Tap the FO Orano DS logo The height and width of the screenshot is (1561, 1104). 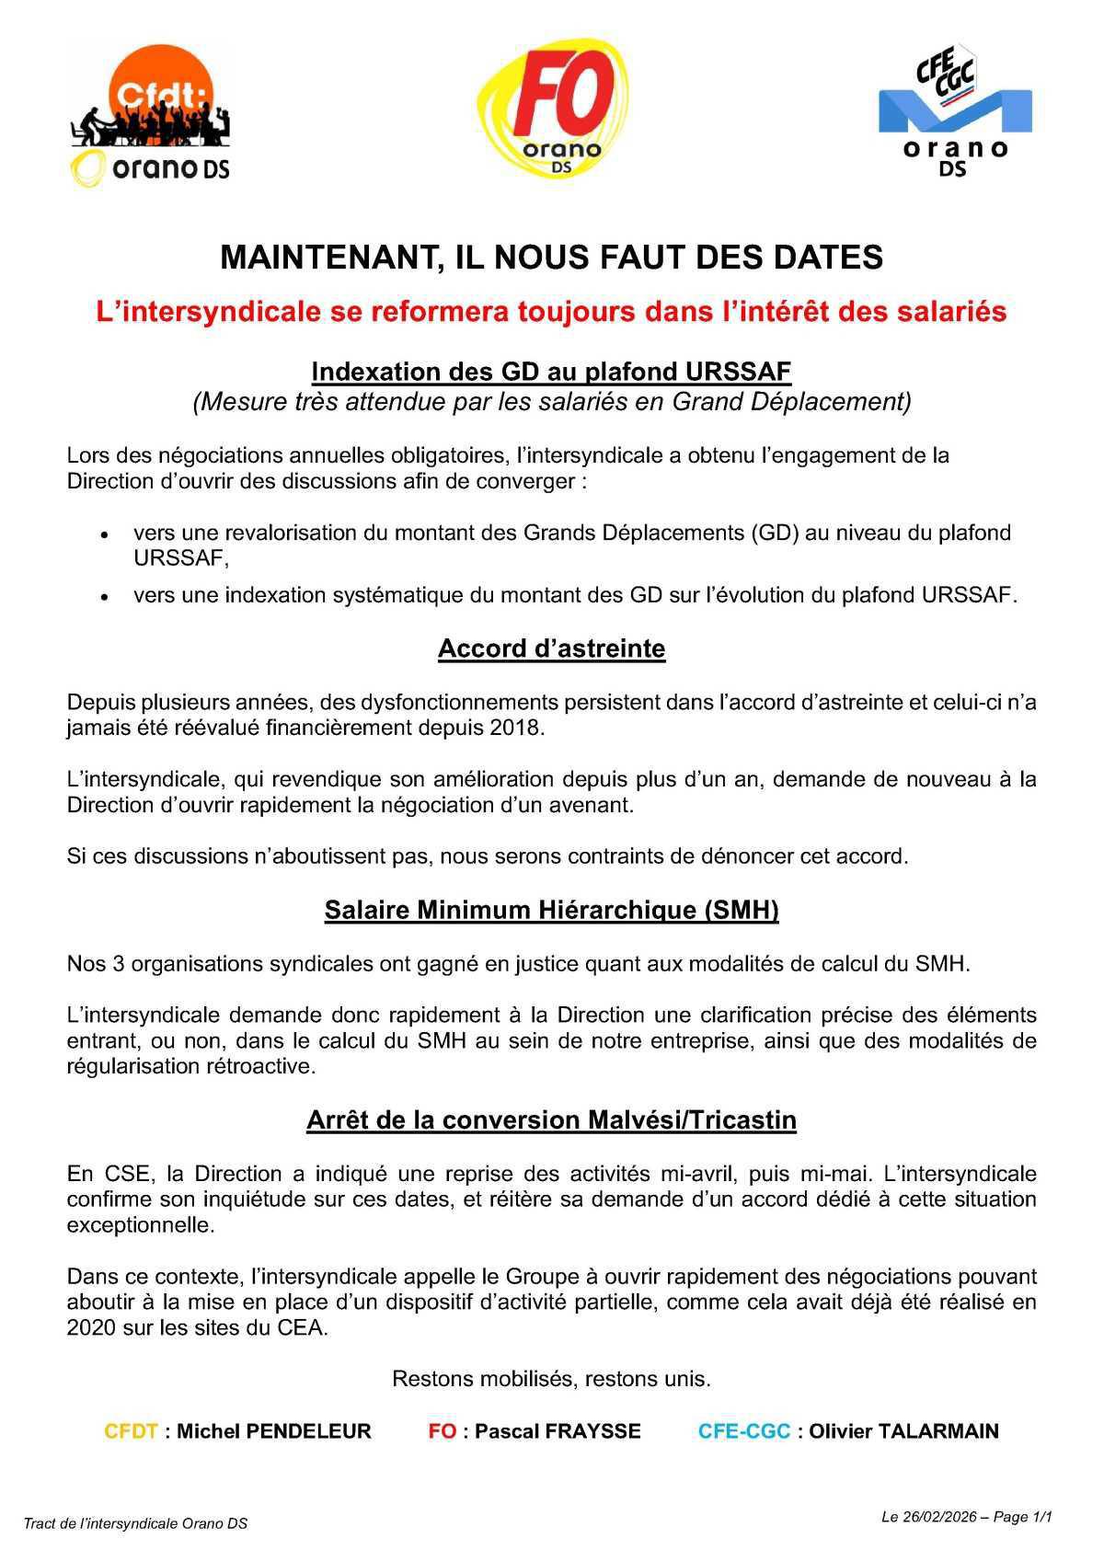coord(552,109)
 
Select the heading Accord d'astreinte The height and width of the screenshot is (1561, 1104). coord(551,649)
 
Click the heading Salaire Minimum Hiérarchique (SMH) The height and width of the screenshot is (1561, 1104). coord(551,910)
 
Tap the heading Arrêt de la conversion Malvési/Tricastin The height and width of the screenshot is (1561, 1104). coord(551,1119)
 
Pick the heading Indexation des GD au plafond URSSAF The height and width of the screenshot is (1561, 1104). coord(551,371)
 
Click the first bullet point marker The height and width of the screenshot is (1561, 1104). coord(106,534)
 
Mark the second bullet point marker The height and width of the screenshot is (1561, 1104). coord(106,597)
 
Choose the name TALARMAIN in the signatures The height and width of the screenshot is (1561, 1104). coord(937,1431)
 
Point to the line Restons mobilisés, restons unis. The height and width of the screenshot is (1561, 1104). coord(551,1379)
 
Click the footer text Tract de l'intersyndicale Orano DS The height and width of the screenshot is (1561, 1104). coord(135,1523)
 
